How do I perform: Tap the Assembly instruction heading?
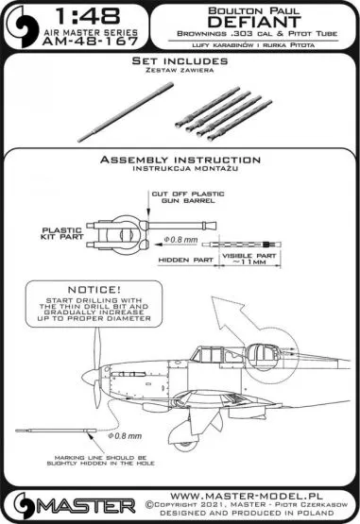(180, 161)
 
